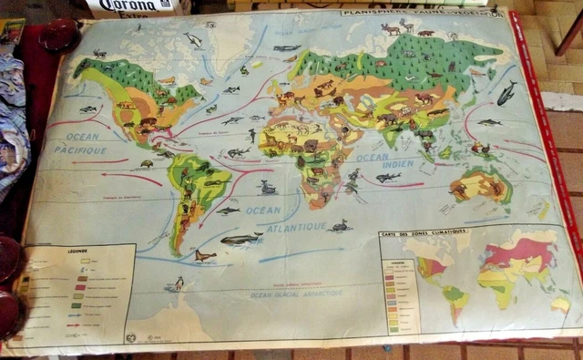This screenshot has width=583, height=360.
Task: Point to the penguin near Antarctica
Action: coord(179,283)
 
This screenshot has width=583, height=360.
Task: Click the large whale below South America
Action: coord(241,239)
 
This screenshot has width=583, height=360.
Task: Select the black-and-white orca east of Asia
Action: coord(506,92)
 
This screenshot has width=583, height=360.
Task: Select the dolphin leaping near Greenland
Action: coord(192,39)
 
